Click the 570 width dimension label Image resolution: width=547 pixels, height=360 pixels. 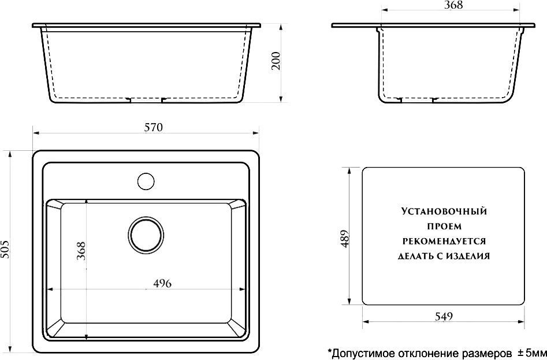point(154,127)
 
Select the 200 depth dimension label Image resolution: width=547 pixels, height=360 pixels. point(276,61)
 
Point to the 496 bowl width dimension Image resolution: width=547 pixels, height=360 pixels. point(162,284)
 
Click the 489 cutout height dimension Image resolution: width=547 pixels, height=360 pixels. point(344,239)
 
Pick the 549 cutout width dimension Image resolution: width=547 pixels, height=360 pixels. point(444,317)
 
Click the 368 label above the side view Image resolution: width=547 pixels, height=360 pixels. point(453,5)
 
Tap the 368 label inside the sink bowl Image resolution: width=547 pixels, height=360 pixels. point(81,251)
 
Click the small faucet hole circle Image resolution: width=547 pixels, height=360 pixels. point(146,181)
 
